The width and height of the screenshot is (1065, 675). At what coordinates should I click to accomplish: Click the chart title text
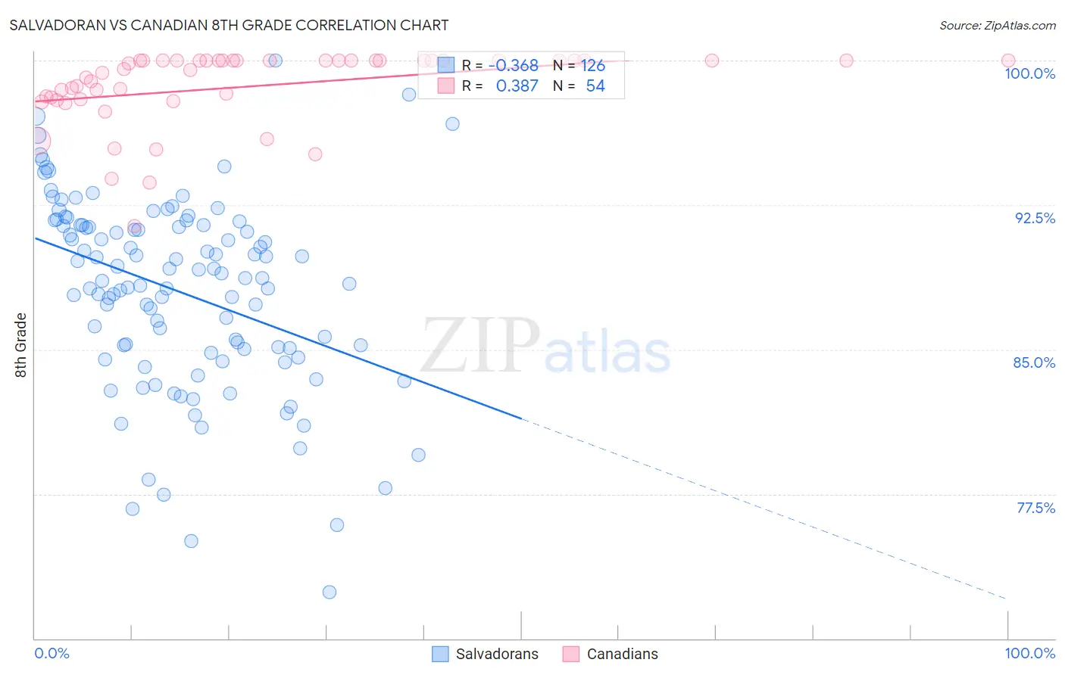pyautogui.click(x=229, y=25)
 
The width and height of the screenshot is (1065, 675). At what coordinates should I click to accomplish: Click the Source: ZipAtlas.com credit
pyautogui.click(x=997, y=25)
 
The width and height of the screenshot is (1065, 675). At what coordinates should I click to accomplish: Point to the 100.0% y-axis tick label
pyautogui.click(x=1029, y=73)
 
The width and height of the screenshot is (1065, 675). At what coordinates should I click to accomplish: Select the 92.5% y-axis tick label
pyautogui.click(x=1035, y=218)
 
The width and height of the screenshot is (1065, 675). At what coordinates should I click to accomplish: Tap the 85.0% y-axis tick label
pyautogui.click(x=1034, y=362)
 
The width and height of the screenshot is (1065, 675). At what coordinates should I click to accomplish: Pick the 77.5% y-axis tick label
pyautogui.click(x=1035, y=508)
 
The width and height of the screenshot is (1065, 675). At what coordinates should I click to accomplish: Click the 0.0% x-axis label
pyautogui.click(x=52, y=653)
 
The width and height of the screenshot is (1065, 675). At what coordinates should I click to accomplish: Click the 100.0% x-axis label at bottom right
pyautogui.click(x=1029, y=653)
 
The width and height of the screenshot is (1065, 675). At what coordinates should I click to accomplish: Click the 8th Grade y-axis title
pyautogui.click(x=21, y=345)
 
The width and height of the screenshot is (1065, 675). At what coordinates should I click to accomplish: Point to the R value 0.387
pyautogui.click(x=517, y=86)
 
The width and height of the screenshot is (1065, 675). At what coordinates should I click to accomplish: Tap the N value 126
pyautogui.click(x=593, y=66)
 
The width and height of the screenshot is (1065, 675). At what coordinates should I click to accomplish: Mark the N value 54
pyautogui.click(x=595, y=86)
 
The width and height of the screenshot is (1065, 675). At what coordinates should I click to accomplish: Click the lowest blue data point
pyautogui.click(x=329, y=592)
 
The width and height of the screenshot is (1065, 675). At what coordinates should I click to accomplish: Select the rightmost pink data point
pyautogui.click(x=1008, y=61)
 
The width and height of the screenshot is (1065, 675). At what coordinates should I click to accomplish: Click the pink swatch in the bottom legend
pyautogui.click(x=571, y=654)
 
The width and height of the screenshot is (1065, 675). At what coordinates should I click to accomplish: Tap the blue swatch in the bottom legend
pyautogui.click(x=440, y=654)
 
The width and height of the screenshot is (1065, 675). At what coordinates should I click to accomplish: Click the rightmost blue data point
pyautogui.click(x=452, y=124)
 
